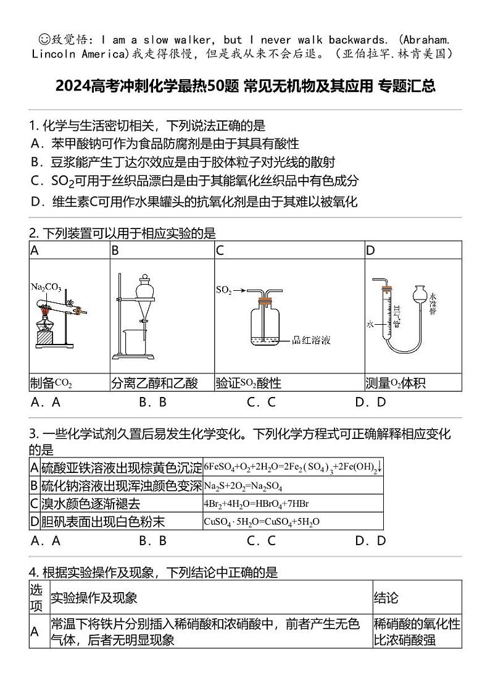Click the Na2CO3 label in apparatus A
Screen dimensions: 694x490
[46, 287]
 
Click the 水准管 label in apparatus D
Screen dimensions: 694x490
[433, 304]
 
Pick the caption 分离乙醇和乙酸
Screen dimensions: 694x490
[154, 383]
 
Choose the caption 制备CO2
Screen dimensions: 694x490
[51, 383]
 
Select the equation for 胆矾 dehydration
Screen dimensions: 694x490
[261, 522]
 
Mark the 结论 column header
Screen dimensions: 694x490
[386, 598]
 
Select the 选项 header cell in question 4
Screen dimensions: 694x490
[36, 597]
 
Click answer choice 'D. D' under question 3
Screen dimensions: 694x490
[370, 541]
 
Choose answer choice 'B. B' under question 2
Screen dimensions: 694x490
[153, 403]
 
